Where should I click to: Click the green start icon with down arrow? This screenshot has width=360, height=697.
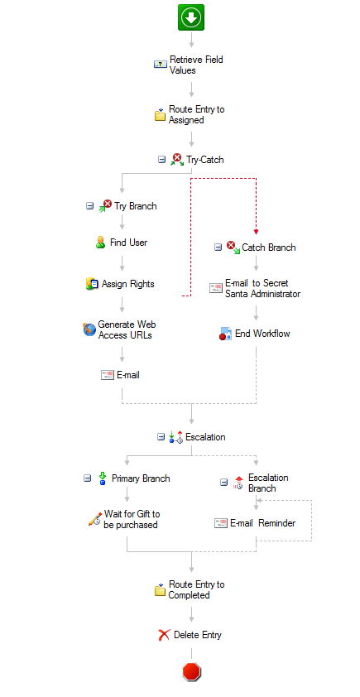pos(191,17)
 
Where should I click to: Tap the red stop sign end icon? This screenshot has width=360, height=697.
pos(191,671)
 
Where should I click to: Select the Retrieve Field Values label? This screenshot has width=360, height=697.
pos(196,65)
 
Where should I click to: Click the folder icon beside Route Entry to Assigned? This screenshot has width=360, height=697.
pos(160,115)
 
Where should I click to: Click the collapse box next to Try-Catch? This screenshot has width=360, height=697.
pos(161,160)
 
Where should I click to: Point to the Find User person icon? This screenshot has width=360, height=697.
pos(100,243)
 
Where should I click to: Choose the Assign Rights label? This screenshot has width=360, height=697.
pos(128,284)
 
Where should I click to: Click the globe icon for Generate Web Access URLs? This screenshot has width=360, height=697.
pos(89,329)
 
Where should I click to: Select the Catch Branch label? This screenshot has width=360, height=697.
pos(268,248)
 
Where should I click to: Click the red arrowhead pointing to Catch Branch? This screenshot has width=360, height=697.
pos(256,232)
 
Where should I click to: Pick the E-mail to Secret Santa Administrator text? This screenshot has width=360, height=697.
pos(262,289)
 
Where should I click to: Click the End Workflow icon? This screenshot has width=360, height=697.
pos(225,334)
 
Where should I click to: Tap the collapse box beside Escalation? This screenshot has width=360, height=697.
pos(161,437)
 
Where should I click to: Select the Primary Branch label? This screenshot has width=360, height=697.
pos(141,478)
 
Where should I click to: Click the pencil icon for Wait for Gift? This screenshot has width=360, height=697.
pos(94,519)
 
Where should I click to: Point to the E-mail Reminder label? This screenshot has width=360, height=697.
pos(262,523)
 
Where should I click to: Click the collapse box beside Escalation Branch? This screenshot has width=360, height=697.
pos(224,483)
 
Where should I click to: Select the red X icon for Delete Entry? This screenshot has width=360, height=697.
pos(164,635)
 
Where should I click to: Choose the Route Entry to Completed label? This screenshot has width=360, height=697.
pos(196,590)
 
